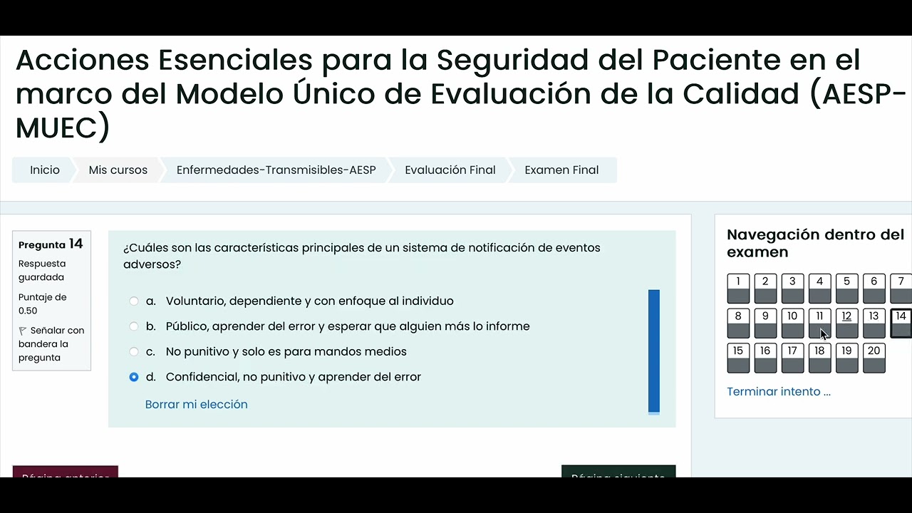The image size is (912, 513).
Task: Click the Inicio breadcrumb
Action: [44, 170]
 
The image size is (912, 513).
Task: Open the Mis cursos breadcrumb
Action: [118, 170]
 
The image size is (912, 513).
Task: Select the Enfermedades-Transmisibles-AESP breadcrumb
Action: [276, 170]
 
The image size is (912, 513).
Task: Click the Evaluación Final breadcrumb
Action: [450, 170]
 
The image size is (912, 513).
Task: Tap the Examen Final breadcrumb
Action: [561, 170]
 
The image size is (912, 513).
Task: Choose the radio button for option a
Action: [134, 301]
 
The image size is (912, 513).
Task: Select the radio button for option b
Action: [134, 326]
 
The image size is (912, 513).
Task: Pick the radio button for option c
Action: [134, 352]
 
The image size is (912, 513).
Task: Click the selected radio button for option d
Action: [134, 377]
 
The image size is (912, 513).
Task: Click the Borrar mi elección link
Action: [196, 405]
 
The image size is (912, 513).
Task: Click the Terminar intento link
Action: [778, 392]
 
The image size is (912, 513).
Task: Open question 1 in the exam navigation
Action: [738, 289]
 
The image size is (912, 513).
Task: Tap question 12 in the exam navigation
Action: [846, 323]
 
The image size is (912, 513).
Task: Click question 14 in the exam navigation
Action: [901, 323]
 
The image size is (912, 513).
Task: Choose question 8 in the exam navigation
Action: [738, 323]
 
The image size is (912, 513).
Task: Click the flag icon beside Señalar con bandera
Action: [23, 331]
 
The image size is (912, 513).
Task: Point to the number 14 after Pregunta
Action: [76, 244]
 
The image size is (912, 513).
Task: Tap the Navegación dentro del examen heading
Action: [815, 243]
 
